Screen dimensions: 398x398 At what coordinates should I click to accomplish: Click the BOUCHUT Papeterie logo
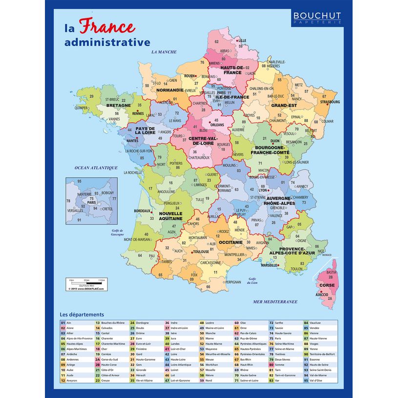(317, 18)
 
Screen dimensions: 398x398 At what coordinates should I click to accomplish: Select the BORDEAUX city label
(142, 211)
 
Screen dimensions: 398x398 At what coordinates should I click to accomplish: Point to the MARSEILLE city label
(270, 265)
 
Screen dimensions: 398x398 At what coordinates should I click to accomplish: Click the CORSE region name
(327, 285)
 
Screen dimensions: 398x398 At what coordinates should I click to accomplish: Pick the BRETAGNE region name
(119, 105)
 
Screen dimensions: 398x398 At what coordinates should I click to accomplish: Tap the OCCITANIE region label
(230, 242)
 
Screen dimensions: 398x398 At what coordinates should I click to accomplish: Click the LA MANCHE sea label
(164, 52)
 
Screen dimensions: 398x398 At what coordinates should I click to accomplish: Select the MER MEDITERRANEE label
(275, 302)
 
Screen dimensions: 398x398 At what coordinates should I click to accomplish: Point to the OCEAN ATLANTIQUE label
(96, 168)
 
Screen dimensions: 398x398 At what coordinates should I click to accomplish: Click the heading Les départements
(82, 314)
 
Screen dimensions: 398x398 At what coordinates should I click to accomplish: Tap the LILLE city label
(242, 41)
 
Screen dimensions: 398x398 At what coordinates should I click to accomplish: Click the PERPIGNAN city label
(233, 282)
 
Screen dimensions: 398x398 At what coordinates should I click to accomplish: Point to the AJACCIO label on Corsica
(322, 294)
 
